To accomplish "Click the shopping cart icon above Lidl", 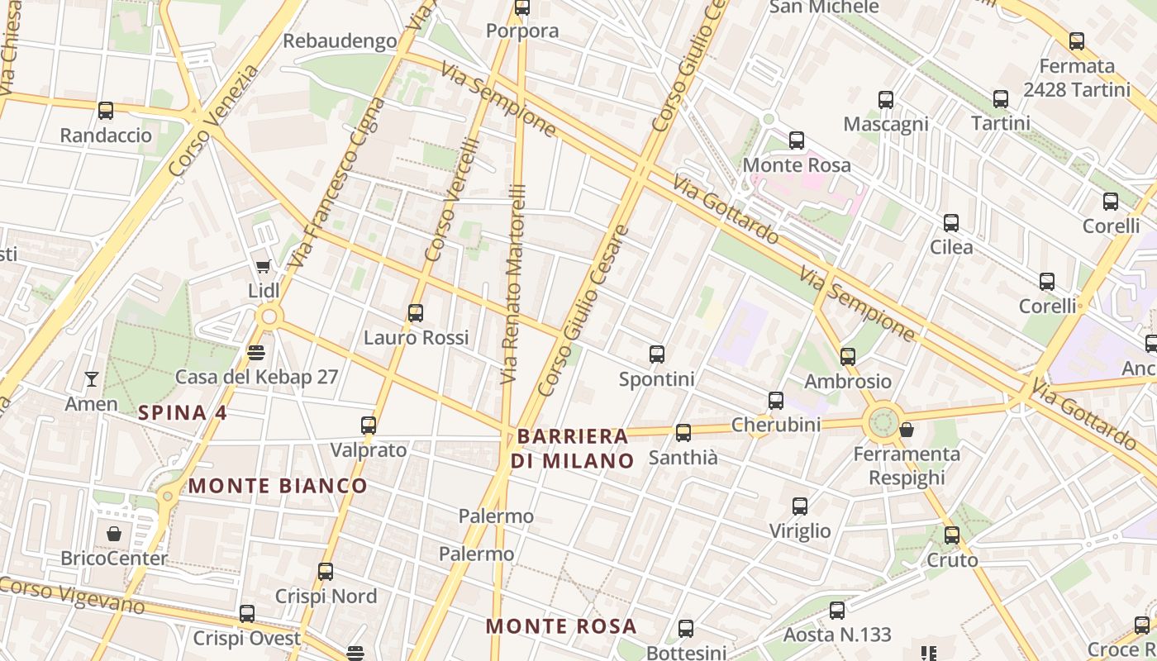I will point(263,266).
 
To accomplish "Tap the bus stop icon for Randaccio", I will point(106,111).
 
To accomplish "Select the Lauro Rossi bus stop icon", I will point(416,313).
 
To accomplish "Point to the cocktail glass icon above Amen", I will point(92,379).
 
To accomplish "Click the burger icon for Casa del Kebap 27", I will point(256,353).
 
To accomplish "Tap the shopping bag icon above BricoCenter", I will point(114,534).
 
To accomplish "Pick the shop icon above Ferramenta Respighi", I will point(907,430).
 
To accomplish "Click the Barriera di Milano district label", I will point(572,449).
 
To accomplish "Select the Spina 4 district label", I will point(183,413).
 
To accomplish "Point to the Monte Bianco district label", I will point(278,486).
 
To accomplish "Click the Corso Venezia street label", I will point(213,121).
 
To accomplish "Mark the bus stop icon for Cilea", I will point(951,223).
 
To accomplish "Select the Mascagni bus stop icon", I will point(886,100).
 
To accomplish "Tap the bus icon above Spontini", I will point(657,354).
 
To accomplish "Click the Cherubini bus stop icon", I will point(776,401).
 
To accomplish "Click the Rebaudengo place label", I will point(340,41).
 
